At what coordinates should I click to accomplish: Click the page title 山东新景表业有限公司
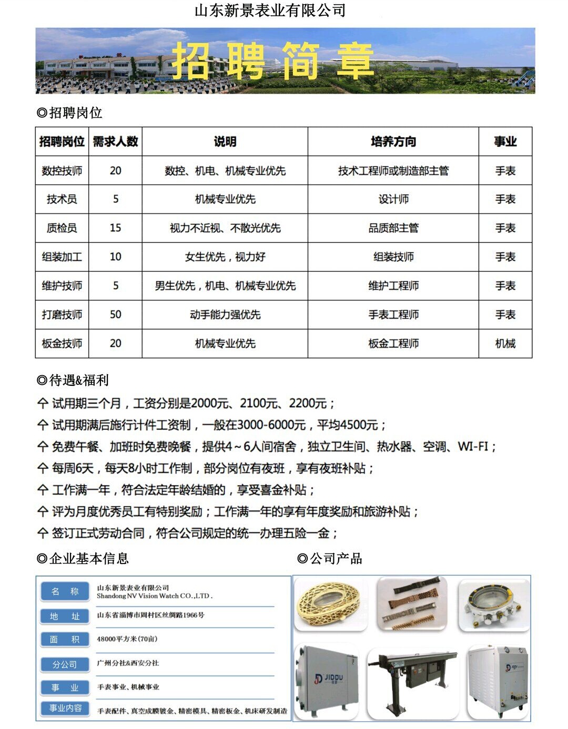click(x=270, y=11)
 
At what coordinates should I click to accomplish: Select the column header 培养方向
click(x=393, y=141)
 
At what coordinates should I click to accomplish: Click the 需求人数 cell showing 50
click(x=115, y=314)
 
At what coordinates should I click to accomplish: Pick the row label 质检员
click(x=62, y=228)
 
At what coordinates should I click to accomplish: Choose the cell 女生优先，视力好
click(x=225, y=256)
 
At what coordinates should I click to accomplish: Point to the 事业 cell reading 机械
click(x=505, y=343)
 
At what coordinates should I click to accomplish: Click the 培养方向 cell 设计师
click(x=393, y=199)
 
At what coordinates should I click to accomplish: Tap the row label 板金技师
click(x=62, y=343)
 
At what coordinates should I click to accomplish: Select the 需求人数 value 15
click(x=115, y=228)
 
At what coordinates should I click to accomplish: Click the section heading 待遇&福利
click(x=73, y=380)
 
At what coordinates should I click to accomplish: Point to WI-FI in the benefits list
click(x=473, y=446)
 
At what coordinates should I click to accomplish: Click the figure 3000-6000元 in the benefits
click(x=271, y=425)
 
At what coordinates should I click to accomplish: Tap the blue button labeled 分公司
click(x=65, y=664)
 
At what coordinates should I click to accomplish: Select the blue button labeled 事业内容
click(x=65, y=708)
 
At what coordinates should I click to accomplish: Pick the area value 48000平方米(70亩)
click(x=127, y=639)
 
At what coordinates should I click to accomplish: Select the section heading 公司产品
click(x=330, y=558)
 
